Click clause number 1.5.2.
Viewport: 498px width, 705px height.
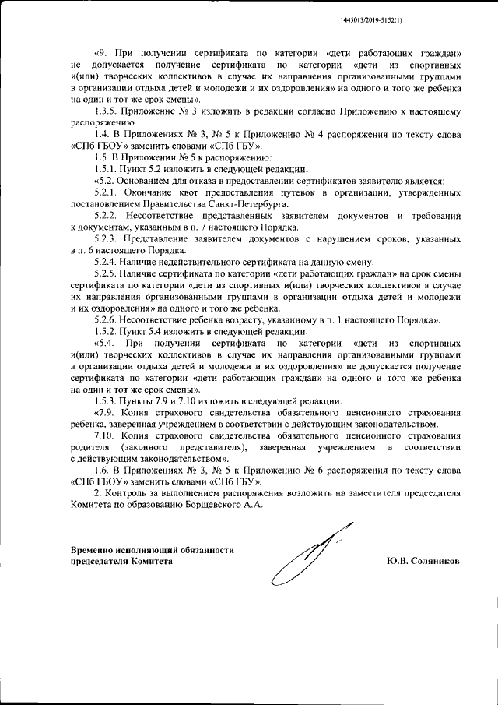[x=106, y=331]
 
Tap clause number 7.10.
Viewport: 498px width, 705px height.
[x=104, y=435]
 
